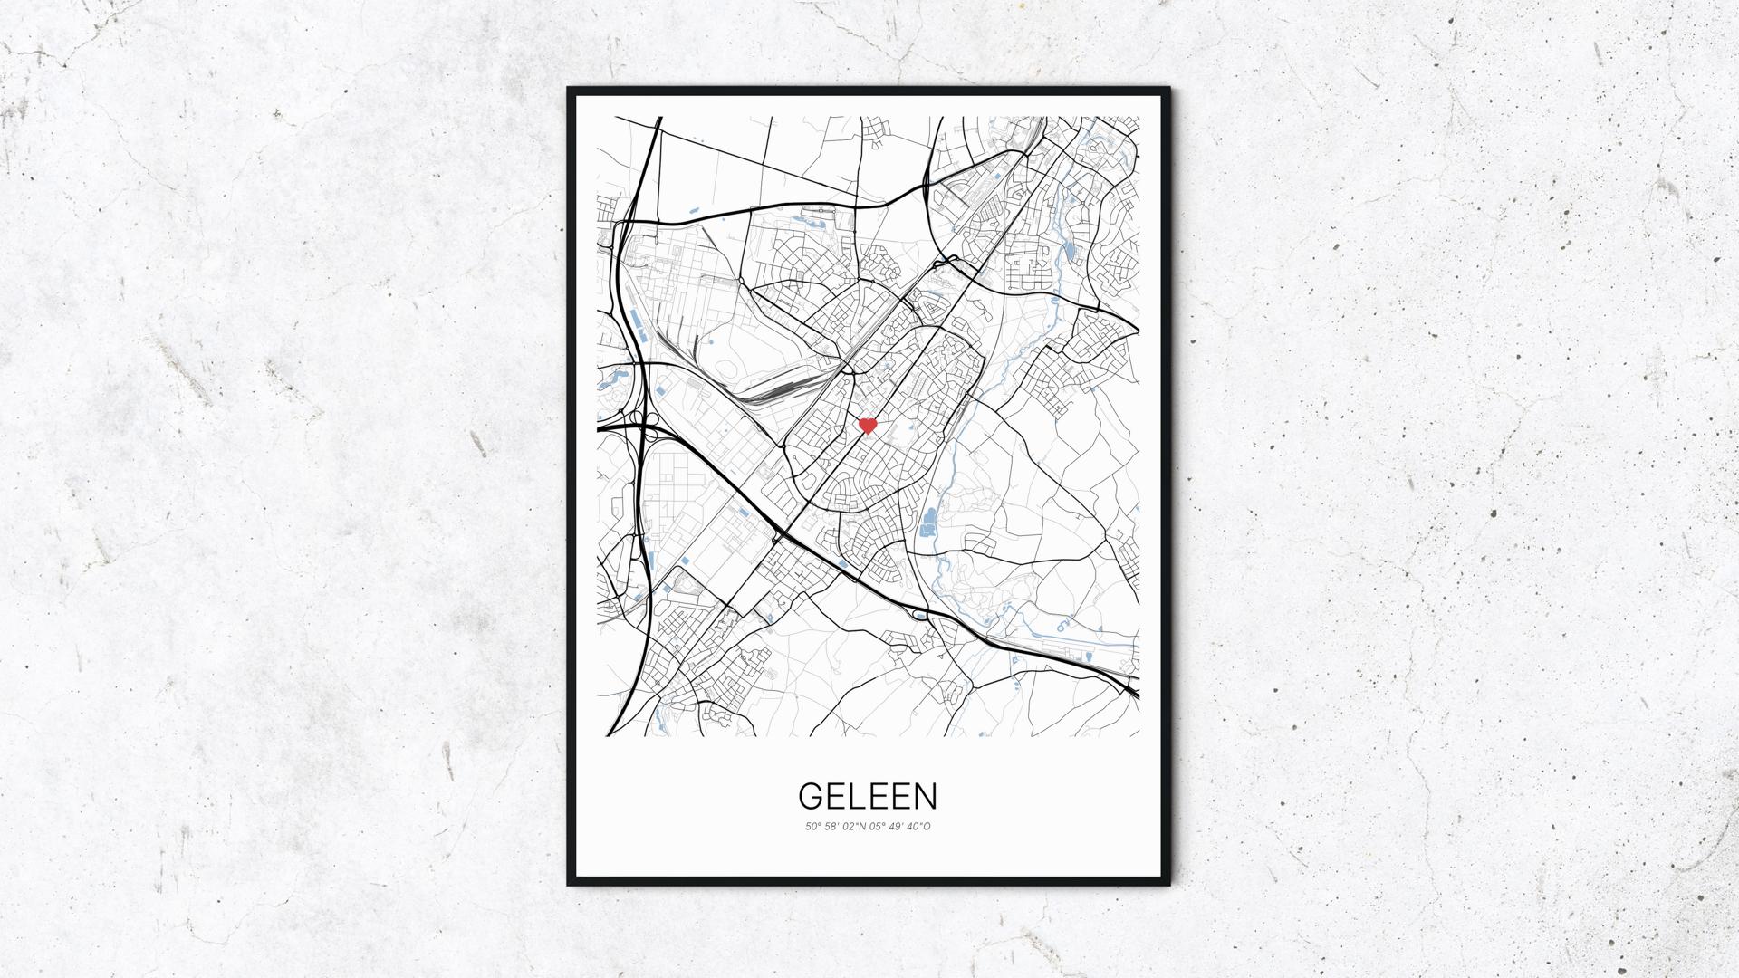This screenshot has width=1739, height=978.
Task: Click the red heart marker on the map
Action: pos(868,425)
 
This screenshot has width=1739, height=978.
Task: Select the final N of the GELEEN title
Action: pos(926,796)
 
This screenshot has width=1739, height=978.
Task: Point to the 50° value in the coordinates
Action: pos(812,826)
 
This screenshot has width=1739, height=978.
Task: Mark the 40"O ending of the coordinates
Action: pos(921,826)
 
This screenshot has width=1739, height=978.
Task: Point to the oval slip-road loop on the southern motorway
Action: pos(921,616)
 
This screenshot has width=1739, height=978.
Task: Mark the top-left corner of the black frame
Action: pos(569,89)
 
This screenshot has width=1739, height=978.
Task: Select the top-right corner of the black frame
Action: pos(1168,89)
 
